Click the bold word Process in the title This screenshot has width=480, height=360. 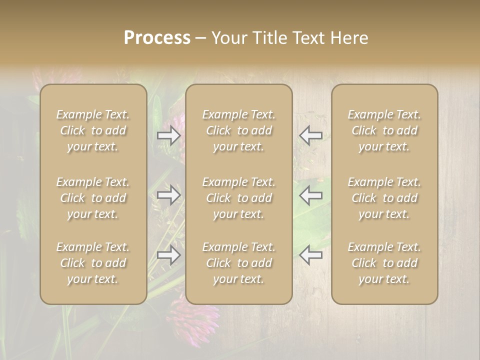157,38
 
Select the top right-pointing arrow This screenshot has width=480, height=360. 169,135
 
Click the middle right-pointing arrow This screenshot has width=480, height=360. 169,195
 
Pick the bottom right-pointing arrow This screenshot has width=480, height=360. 169,255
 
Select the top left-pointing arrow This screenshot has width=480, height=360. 310,135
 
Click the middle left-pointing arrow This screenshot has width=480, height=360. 310,195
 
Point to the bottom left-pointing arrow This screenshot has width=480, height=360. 310,255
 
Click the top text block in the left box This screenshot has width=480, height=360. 93,130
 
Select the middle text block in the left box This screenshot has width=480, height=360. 93,198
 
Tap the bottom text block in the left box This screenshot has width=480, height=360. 93,263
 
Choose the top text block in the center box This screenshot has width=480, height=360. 238,130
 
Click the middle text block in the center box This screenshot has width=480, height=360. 238,198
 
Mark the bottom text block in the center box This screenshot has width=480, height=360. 238,263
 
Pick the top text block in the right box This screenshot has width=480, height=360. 384,130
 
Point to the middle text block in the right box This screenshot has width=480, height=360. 384,198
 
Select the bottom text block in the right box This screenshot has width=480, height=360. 384,263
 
